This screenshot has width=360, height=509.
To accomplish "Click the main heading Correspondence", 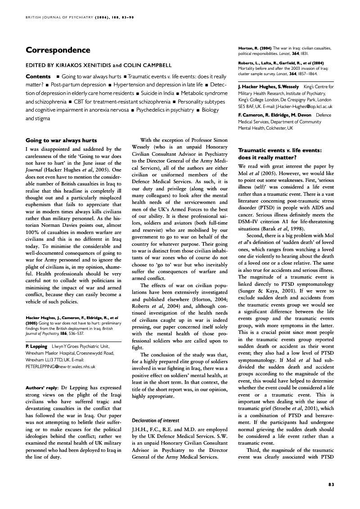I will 58,50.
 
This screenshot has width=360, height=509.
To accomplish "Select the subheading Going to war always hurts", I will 61,140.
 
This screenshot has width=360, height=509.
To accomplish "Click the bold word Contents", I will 38,77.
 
